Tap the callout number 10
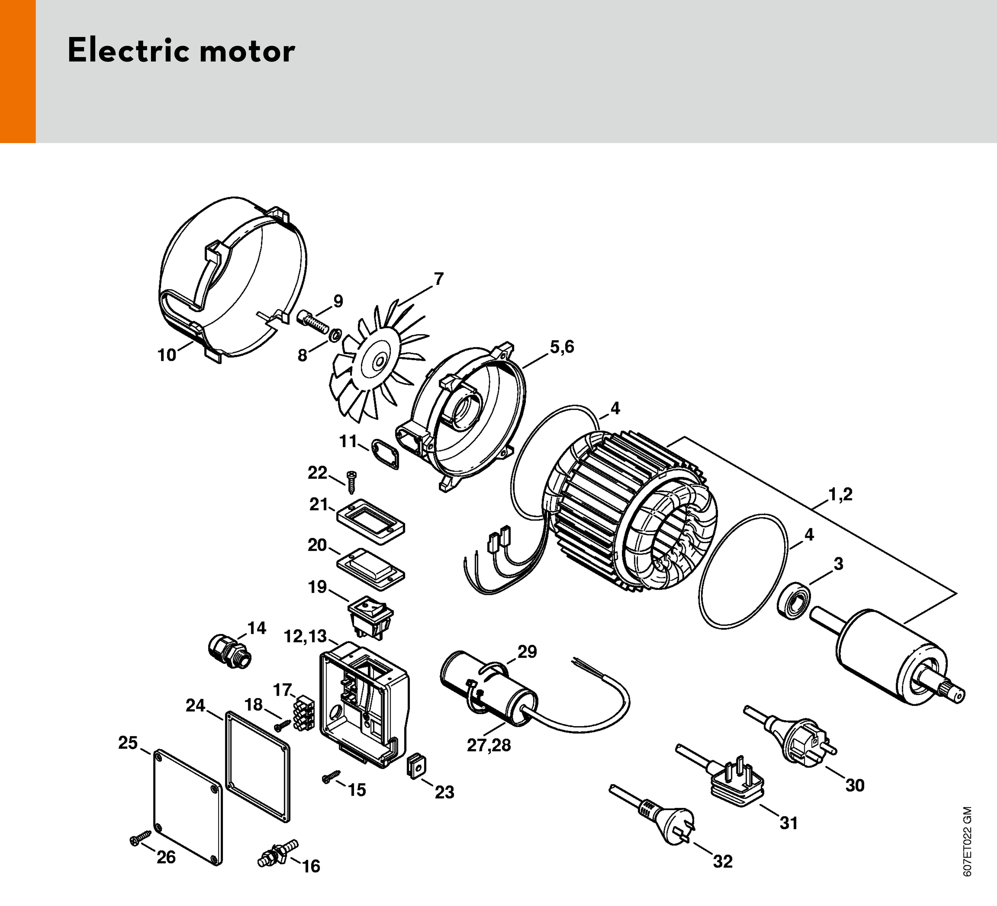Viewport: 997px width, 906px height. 167,355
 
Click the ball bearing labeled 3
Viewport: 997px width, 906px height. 794,601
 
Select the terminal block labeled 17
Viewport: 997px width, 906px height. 303,713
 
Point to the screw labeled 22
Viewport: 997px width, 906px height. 351,481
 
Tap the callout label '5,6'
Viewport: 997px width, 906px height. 562,347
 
